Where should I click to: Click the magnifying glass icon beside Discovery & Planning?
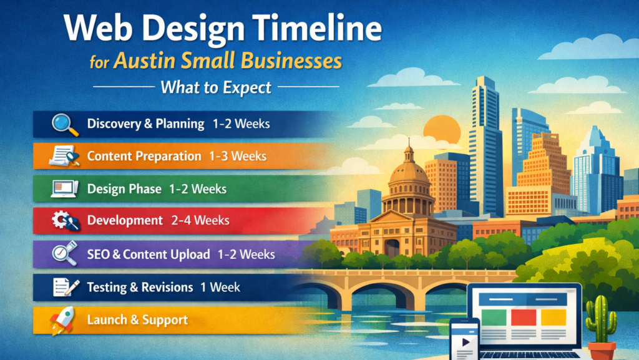click(x=65, y=124)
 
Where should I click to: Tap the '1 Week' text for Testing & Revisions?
click(x=220, y=287)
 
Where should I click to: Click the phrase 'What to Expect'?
click(x=216, y=87)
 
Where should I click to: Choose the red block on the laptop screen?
click(x=523, y=317)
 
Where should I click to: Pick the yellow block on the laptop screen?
click(x=554, y=317)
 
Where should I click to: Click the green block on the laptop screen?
click(x=493, y=317)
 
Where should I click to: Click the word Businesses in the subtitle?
click(x=291, y=61)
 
